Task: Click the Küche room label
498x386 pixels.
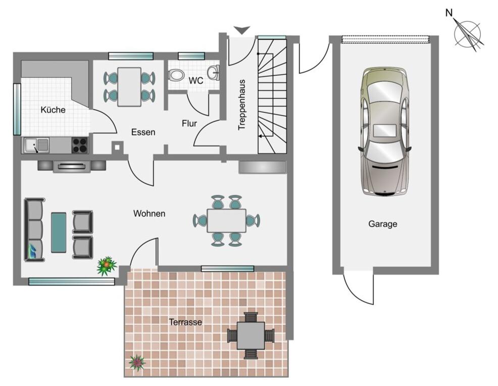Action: (53, 110)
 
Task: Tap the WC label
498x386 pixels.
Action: (195, 81)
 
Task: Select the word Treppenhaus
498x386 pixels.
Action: (242, 105)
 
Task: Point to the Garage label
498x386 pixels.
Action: (383, 224)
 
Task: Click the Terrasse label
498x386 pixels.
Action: (185, 322)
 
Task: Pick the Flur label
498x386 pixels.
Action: (189, 123)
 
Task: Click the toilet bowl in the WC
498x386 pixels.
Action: (176, 75)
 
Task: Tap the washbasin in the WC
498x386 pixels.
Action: (214, 72)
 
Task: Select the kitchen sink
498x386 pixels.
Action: (36, 145)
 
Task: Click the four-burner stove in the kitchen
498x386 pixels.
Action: (80, 146)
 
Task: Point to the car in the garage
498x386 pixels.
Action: (384, 131)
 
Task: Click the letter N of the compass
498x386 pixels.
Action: (449, 13)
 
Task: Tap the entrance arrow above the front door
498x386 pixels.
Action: (242, 30)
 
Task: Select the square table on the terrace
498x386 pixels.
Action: (251, 335)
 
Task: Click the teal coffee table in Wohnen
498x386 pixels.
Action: (59, 233)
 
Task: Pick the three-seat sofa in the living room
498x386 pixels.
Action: (34, 230)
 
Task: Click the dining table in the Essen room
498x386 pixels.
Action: (129, 87)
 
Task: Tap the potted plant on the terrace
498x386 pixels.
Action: (137, 363)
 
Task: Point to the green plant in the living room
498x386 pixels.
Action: (107, 266)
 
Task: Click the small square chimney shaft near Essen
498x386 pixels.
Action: (117, 148)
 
